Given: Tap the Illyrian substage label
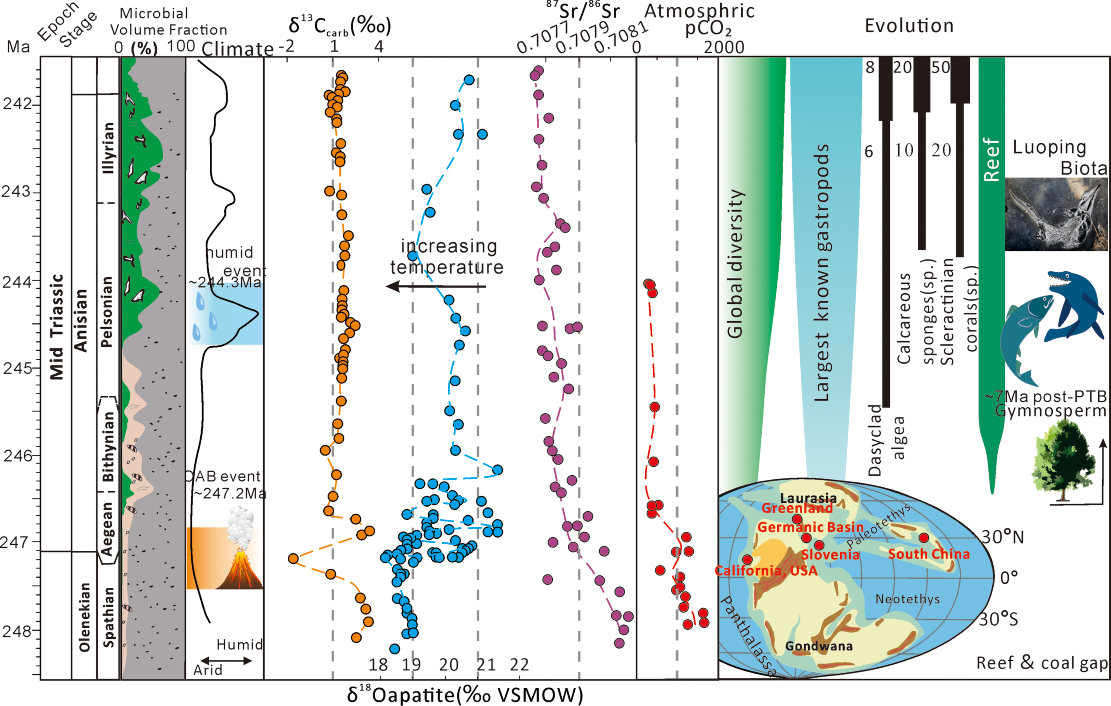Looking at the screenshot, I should coord(108,148).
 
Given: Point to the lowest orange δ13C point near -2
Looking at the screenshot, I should coord(293,559).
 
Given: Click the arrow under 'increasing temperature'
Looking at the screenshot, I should coord(436,287).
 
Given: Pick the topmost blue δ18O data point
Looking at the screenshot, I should coord(469,80).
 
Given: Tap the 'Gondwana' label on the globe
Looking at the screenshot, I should coord(819,646).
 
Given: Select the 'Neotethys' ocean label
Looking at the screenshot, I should coord(907,599).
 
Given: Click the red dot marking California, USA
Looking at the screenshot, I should coord(747,560).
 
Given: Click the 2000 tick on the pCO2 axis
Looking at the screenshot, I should coord(723,47).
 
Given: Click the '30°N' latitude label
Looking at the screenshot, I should coord(1002,537).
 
